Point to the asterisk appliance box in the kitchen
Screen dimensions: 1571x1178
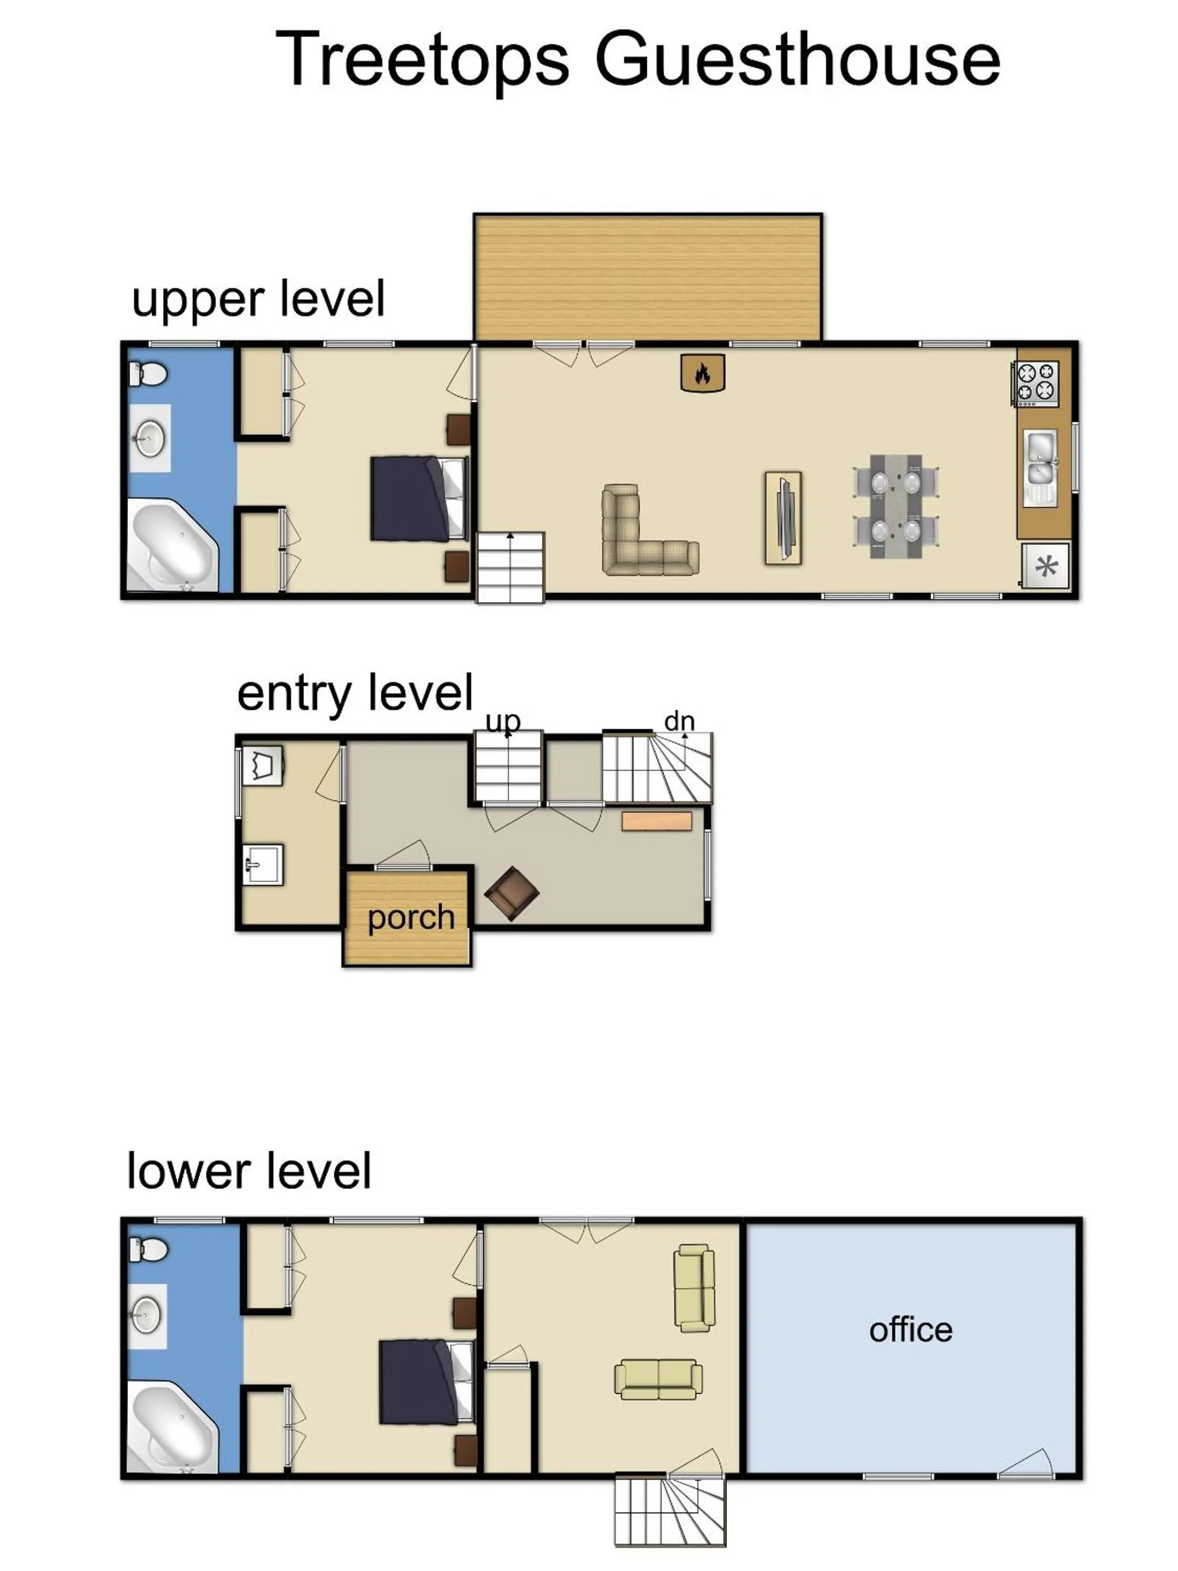(x=1044, y=566)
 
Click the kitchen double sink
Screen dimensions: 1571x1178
(x=1039, y=467)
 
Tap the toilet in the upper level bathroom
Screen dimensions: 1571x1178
(x=148, y=374)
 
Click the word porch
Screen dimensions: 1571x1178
(x=411, y=917)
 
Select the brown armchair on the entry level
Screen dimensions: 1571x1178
(x=510, y=893)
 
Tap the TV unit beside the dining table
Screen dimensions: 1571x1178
(x=783, y=518)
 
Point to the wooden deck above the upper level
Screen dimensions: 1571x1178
(x=647, y=278)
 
